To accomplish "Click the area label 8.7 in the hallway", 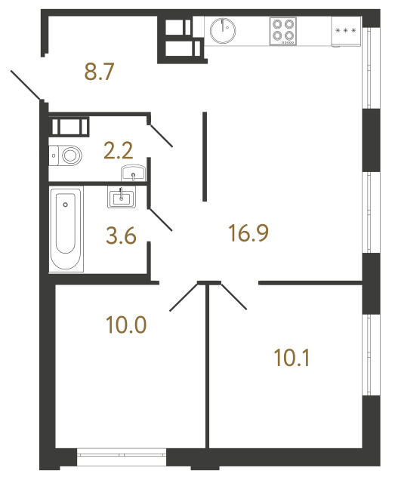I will [100, 73].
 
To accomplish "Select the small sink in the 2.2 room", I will [134, 174].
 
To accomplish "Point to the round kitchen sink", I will [224, 30].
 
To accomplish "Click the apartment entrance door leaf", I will [27, 85].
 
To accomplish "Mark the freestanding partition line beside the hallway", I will [205, 156].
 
